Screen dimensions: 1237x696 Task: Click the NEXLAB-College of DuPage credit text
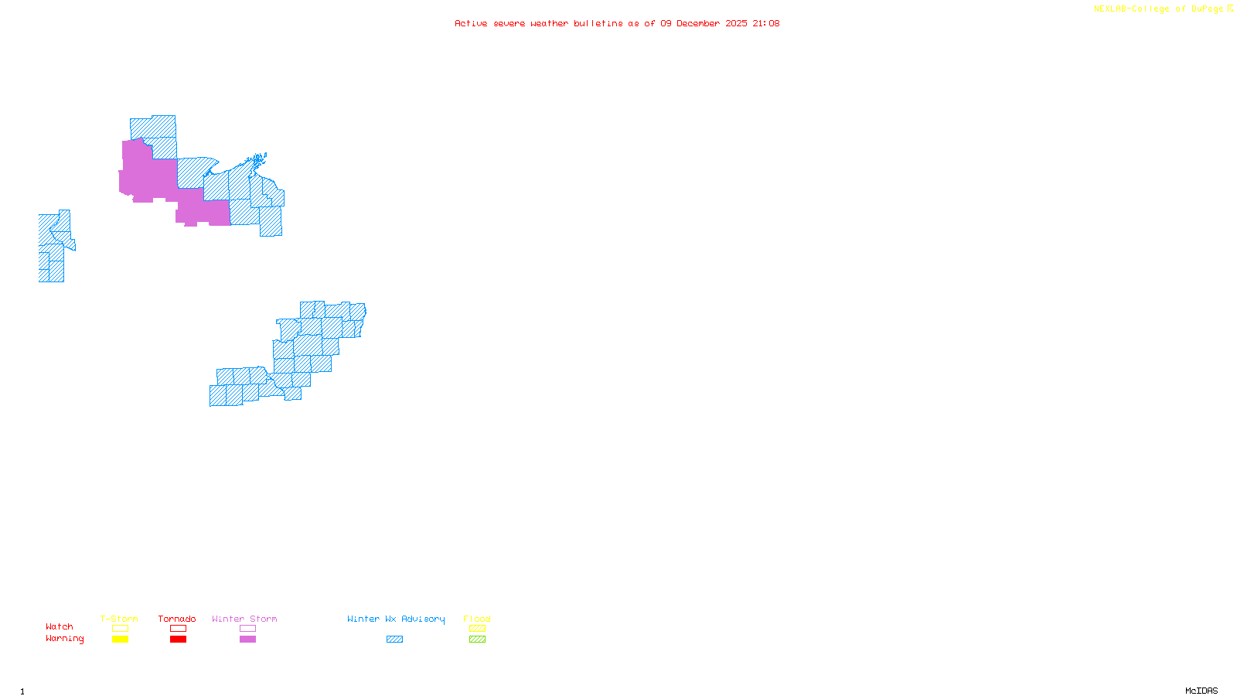tap(1159, 9)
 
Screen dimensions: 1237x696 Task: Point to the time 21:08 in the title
tap(765, 23)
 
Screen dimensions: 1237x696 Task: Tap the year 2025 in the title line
tap(737, 23)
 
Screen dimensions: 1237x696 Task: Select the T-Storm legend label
tap(119, 619)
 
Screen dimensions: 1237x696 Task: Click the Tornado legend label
tap(177, 619)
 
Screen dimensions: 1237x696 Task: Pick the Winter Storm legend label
tap(244, 619)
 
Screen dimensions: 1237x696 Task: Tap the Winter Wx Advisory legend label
tap(396, 619)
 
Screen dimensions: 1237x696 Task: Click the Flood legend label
tap(477, 619)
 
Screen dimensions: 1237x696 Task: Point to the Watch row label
tap(60, 626)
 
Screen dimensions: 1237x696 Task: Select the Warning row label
tap(64, 639)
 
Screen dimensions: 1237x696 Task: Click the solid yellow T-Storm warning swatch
tap(120, 640)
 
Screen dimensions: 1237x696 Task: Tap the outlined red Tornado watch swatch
tap(178, 629)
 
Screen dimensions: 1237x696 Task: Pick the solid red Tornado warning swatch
tap(178, 640)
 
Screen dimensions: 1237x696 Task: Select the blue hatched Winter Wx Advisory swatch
tap(394, 640)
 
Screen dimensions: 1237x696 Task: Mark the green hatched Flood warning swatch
tap(477, 640)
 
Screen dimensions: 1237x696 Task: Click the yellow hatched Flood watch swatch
tap(477, 629)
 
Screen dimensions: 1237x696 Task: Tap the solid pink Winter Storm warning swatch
tap(247, 640)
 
